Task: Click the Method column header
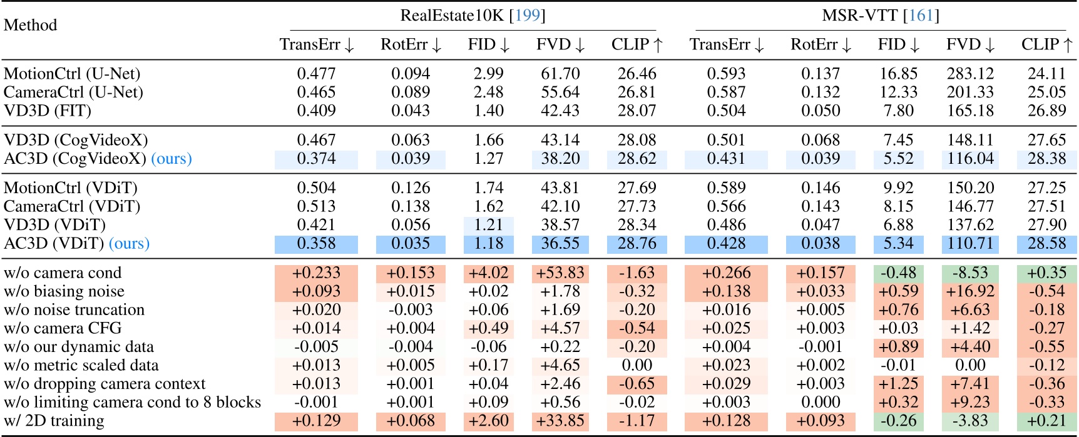(30, 25)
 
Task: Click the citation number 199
(527, 15)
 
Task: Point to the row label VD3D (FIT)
(48, 111)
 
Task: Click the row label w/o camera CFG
(63, 328)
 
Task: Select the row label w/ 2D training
(54, 421)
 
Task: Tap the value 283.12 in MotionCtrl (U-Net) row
(970, 74)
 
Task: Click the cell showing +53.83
(560, 273)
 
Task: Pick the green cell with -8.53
(970, 273)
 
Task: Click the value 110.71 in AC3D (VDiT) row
(970, 244)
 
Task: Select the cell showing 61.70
(560, 74)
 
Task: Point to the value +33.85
(560, 421)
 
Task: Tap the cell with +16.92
(970, 291)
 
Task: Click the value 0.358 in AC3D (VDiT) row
(316, 244)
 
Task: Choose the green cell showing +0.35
(1046, 273)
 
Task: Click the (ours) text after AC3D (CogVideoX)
(171, 159)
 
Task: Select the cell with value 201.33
(970, 93)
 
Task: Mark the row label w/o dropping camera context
(105, 384)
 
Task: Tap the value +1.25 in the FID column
(898, 384)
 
